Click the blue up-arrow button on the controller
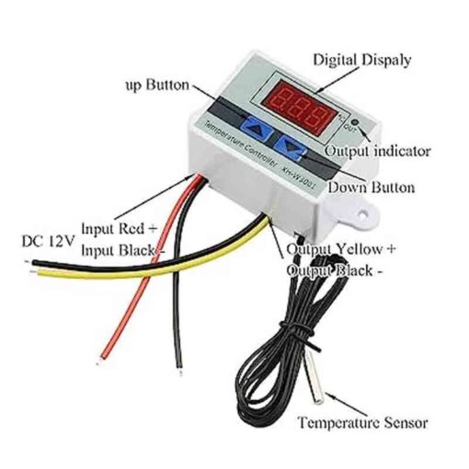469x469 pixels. (x=258, y=129)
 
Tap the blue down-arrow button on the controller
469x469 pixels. (x=290, y=147)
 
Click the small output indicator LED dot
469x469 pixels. (x=355, y=122)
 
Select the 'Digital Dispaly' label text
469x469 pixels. (x=361, y=61)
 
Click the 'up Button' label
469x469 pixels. (x=157, y=85)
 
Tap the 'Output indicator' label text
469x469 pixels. (x=378, y=151)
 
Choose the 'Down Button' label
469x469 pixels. (x=372, y=187)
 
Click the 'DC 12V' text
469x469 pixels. (x=49, y=241)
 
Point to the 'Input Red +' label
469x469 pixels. (x=120, y=229)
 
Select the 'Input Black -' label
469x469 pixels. (x=123, y=250)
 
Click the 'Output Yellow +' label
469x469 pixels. (x=341, y=249)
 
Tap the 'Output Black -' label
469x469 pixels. (x=335, y=270)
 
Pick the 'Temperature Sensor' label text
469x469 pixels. (x=363, y=422)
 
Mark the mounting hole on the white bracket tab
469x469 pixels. (x=363, y=212)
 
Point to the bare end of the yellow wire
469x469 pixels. (x=34, y=271)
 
